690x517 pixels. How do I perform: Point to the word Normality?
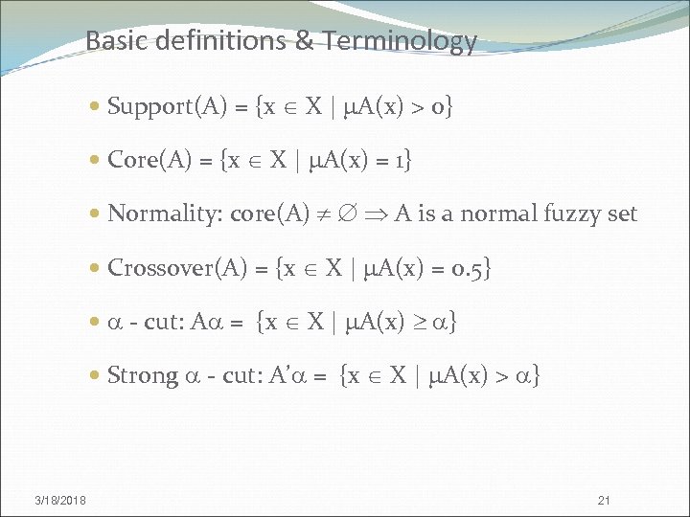[x=165, y=214]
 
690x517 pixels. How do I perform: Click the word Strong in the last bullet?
[x=143, y=375]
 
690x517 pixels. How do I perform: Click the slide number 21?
[x=604, y=500]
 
